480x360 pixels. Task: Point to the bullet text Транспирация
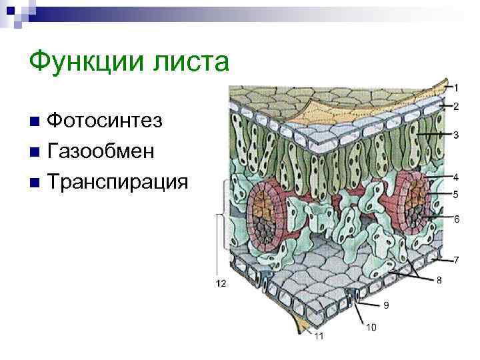[118, 181]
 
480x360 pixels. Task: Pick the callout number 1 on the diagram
[456, 87]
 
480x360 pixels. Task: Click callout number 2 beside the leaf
[456, 106]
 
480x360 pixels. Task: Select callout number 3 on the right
[456, 135]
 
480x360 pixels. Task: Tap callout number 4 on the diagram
[456, 177]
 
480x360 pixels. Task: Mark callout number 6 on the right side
[456, 219]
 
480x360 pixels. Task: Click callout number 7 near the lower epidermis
[456, 259]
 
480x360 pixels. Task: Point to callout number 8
[439, 281]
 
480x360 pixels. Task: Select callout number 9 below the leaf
[385, 305]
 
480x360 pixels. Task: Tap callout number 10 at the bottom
[371, 327]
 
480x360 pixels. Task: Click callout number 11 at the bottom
[319, 336]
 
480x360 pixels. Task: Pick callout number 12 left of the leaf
[221, 283]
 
